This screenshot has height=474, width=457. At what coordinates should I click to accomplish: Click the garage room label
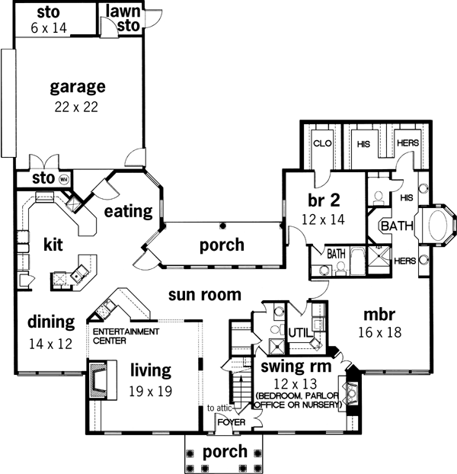tap(77, 85)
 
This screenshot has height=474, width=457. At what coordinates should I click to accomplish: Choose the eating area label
tap(129, 211)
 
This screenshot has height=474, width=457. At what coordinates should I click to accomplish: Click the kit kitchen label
tap(52, 245)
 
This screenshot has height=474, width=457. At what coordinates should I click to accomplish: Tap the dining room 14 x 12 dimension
tap(51, 343)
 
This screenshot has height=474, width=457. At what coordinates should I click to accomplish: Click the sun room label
tap(205, 294)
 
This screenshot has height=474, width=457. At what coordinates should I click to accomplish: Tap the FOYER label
tap(230, 421)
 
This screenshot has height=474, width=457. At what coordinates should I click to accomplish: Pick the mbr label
tap(378, 314)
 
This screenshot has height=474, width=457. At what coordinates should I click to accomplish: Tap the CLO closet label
tap(321, 142)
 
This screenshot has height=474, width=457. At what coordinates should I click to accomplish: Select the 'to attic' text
tap(219, 408)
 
